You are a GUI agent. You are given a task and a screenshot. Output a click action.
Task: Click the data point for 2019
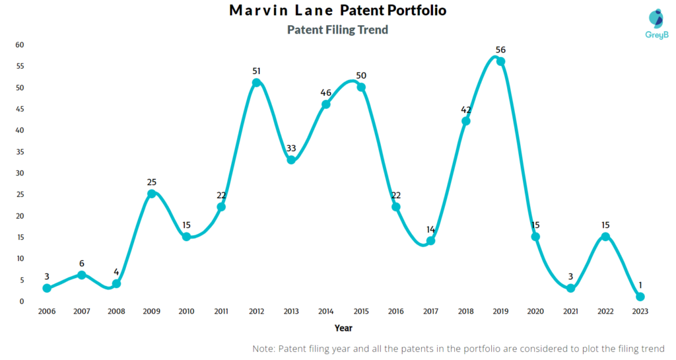point(500,61)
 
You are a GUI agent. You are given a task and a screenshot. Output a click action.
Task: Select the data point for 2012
point(256,83)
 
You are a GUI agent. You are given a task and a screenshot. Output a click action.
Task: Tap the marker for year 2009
point(151,194)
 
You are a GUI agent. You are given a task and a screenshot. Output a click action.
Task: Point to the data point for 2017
point(430,240)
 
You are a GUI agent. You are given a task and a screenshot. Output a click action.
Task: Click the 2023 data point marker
point(640,297)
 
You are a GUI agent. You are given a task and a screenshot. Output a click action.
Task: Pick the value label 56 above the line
point(500,50)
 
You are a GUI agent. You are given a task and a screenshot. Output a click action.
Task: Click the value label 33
point(291,148)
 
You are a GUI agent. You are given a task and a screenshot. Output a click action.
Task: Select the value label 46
point(326,92)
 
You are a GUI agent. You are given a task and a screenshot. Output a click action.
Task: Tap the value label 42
point(466,109)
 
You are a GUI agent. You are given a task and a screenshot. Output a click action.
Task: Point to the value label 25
point(151,182)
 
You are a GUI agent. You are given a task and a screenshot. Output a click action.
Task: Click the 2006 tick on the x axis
point(46,312)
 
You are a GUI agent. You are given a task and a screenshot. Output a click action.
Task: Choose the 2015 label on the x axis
point(361,312)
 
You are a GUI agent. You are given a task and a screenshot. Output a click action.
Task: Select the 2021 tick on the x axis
point(570,312)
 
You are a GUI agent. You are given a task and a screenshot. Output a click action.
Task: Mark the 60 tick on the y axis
point(20,45)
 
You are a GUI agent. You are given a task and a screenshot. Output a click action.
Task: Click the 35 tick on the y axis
point(20,152)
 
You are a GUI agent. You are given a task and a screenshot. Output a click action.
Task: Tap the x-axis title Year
point(343,328)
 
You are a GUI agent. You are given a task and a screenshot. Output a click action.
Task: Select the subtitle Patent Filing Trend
point(337,30)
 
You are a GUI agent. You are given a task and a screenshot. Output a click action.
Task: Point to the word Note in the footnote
point(264,348)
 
